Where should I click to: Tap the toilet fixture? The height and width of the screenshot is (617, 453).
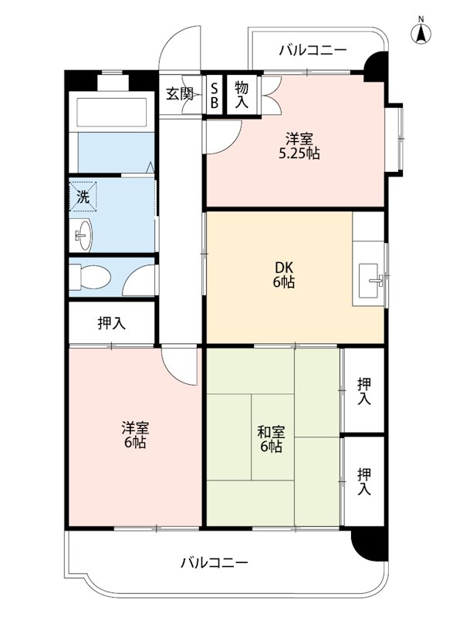90,277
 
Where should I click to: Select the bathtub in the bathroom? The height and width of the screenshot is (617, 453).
112,112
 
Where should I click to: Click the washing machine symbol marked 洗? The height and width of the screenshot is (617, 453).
83,197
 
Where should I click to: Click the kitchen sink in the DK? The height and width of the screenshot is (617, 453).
370,280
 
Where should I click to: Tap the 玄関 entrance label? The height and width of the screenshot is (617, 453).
180,94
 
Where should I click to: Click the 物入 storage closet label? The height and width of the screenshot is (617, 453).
242,95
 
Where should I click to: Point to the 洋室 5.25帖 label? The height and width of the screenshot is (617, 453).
299,146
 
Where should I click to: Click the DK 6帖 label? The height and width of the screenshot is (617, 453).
284,275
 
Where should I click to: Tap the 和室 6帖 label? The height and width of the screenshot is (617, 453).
271,439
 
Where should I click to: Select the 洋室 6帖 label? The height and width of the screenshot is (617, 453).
135,435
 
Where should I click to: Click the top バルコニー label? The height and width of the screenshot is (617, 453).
313,50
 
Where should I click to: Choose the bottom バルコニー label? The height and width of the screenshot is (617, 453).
215,563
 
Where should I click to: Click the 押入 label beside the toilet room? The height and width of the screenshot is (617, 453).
112,323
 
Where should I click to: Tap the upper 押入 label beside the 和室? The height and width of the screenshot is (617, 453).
364,391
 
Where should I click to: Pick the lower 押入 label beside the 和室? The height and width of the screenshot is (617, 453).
364,481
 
